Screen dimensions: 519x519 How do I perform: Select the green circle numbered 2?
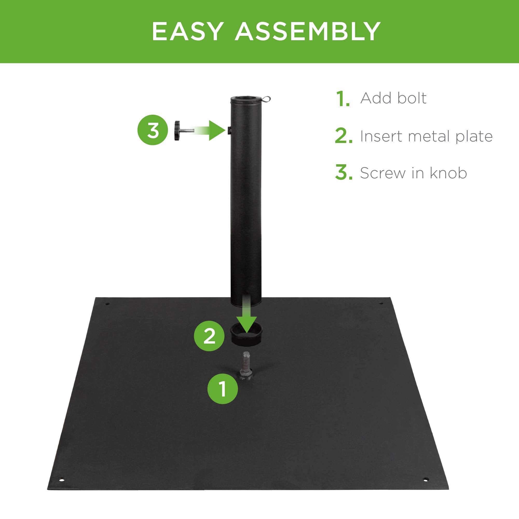[x=209, y=336]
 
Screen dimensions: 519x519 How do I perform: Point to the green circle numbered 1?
[x=223, y=389]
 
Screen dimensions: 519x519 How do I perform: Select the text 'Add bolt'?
[x=393, y=98]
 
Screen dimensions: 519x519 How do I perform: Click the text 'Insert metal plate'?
[x=426, y=136]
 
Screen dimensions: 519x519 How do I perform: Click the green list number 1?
[x=343, y=99]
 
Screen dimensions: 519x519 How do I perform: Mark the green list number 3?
[x=343, y=173]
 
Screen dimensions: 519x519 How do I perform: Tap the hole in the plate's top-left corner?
[x=107, y=304]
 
